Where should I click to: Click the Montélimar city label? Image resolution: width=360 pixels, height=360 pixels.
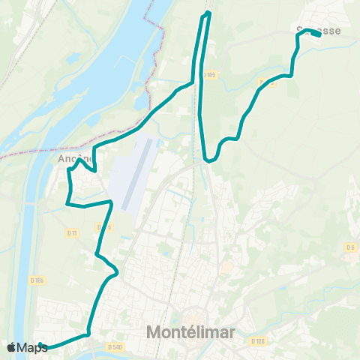(x=190, y=331)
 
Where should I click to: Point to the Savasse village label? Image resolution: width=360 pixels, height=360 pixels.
(x=318, y=31)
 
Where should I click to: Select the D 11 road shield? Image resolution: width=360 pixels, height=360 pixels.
(x=72, y=233)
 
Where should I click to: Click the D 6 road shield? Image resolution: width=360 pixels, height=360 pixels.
(x=350, y=247)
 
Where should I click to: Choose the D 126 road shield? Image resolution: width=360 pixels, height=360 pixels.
(x=259, y=341)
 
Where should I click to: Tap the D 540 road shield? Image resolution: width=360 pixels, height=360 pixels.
(x=115, y=346)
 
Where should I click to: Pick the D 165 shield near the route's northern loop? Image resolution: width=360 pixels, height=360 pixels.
(x=209, y=74)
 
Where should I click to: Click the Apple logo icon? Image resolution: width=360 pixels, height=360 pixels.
(x=11, y=347)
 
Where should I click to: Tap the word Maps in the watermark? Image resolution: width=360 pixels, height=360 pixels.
(x=32, y=347)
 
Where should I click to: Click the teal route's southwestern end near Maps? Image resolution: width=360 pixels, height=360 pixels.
(x=42, y=346)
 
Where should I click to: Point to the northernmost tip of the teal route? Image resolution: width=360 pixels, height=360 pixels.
(x=208, y=13)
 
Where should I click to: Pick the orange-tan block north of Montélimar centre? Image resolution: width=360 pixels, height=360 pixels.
(x=226, y=267)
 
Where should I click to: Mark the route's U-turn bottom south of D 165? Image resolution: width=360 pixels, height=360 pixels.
(x=208, y=160)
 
